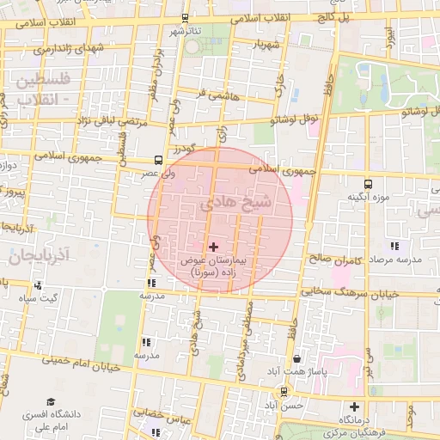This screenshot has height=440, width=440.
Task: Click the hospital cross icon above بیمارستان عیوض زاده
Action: (x=214, y=247)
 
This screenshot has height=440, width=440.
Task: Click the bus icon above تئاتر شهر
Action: (x=185, y=18)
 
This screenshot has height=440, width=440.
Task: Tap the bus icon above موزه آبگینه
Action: (x=368, y=184)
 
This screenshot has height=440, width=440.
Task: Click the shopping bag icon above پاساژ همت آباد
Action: (x=296, y=358)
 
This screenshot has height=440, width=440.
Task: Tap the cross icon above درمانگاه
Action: (x=354, y=406)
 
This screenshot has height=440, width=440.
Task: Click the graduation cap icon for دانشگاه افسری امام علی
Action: (x=51, y=402)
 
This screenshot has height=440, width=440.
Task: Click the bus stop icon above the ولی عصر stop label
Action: (x=157, y=159)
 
